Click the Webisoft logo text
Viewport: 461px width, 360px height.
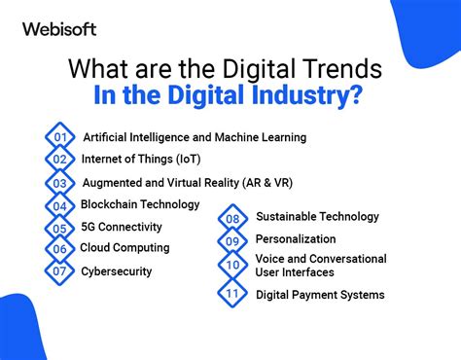coord(59,29)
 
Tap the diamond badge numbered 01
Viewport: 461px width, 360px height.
coord(61,137)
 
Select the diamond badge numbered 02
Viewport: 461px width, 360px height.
coord(61,160)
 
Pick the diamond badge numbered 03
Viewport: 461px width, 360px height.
coord(61,183)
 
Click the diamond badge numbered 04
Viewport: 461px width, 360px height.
coord(61,206)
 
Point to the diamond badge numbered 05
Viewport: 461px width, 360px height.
coord(61,229)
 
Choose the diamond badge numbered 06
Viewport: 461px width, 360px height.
coord(61,250)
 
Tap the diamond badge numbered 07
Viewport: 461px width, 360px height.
coord(61,272)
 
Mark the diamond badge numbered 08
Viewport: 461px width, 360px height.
coord(233,219)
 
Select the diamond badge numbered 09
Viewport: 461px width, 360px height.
coord(233,241)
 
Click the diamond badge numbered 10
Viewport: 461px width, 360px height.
coord(233,266)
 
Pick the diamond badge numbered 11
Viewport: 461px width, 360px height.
coord(233,293)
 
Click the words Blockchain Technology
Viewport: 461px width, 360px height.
coord(141,204)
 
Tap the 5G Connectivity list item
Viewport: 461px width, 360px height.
coord(122,227)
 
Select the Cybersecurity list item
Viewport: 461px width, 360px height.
coord(117,271)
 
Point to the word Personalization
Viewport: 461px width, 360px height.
coord(296,239)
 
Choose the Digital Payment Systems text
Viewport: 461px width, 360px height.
coord(320,295)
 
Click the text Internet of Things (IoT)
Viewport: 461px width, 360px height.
coord(141,160)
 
